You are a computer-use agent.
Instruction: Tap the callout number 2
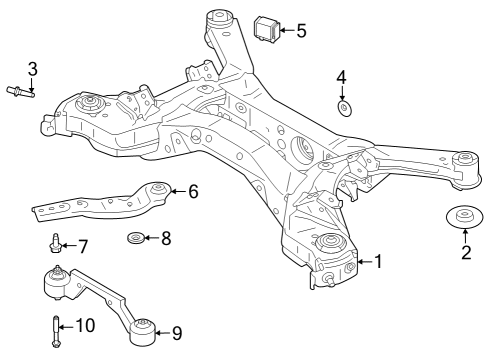pyautogui.click(x=465, y=252)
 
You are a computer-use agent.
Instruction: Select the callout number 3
pyautogui.click(x=32, y=68)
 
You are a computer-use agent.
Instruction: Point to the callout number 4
pyautogui.click(x=341, y=77)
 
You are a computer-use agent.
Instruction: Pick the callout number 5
pyautogui.click(x=301, y=30)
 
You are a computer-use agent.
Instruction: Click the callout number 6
pyautogui.click(x=193, y=190)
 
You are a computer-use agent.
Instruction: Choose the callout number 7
pyautogui.click(x=82, y=245)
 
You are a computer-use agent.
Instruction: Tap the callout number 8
pyautogui.click(x=166, y=238)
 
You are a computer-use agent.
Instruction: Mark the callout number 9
pyautogui.click(x=176, y=332)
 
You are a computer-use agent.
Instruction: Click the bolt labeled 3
pyautogui.click(x=21, y=92)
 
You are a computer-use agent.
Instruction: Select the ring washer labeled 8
pyautogui.click(x=135, y=238)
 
